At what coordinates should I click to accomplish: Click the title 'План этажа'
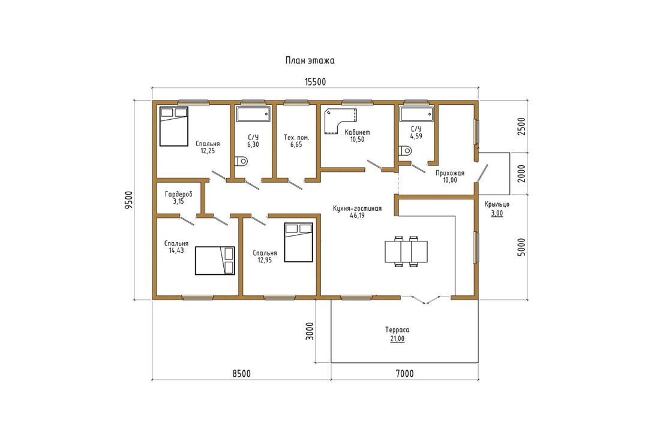(x=310, y=60)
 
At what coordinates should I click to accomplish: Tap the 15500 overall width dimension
(x=315, y=82)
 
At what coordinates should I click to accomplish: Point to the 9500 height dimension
(x=129, y=200)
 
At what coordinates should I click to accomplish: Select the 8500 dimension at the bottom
(x=241, y=374)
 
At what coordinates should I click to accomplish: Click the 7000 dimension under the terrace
(x=404, y=374)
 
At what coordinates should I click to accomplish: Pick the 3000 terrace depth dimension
(x=310, y=331)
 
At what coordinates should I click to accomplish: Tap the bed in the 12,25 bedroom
(x=173, y=126)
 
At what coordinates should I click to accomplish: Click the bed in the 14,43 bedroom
(x=215, y=261)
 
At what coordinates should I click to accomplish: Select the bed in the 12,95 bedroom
(x=298, y=242)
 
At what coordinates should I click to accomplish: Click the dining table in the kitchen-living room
(x=406, y=252)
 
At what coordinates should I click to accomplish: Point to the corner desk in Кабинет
(x=341, y=121)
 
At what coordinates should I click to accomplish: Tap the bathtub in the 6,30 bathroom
(x=253, y=114)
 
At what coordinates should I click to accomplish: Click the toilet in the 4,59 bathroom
(x=404, y=150)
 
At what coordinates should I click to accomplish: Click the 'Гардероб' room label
(x=178, y=195)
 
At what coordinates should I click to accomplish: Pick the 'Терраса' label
(x=397, y=330)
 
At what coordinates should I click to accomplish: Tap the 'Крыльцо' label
(x=497, y=205)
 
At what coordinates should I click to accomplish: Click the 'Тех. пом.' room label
(x=296, y=137)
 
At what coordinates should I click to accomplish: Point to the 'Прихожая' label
(x=450, y=173)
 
